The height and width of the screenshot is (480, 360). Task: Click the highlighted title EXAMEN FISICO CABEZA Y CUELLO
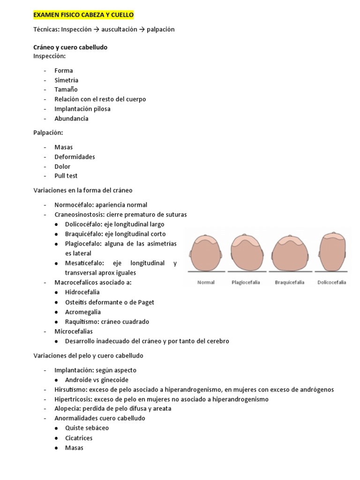[83, 15]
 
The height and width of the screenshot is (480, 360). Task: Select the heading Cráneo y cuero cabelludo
[70, 47]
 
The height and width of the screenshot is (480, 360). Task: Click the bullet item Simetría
[66, 80]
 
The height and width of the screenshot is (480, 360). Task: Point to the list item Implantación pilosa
[82, 109]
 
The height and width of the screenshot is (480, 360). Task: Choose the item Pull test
[66, 176]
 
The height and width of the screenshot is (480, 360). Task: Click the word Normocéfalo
[72, 205]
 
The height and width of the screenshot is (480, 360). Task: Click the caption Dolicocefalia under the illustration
[331, 283]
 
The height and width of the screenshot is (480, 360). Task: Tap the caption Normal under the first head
[206, 283]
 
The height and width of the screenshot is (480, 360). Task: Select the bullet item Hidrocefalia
[82, 292]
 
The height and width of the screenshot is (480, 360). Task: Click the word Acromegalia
[83, 312]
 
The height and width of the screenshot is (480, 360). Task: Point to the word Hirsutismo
[70, 390]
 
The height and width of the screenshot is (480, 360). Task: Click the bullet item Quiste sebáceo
[87, 428]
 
